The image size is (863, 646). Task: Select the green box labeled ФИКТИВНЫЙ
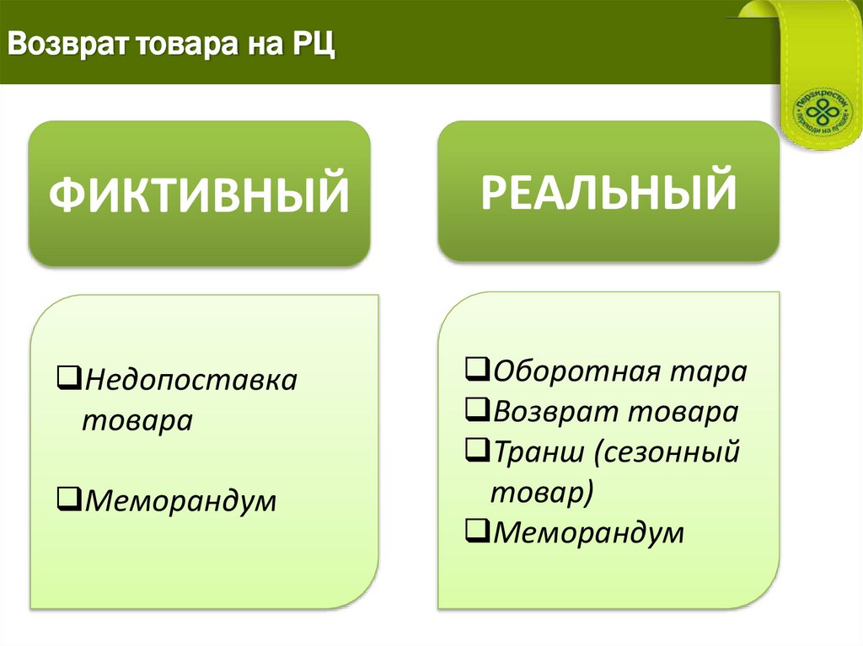199,194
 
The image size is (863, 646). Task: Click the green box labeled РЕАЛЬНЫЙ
608,190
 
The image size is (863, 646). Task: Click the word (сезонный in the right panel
665,452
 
